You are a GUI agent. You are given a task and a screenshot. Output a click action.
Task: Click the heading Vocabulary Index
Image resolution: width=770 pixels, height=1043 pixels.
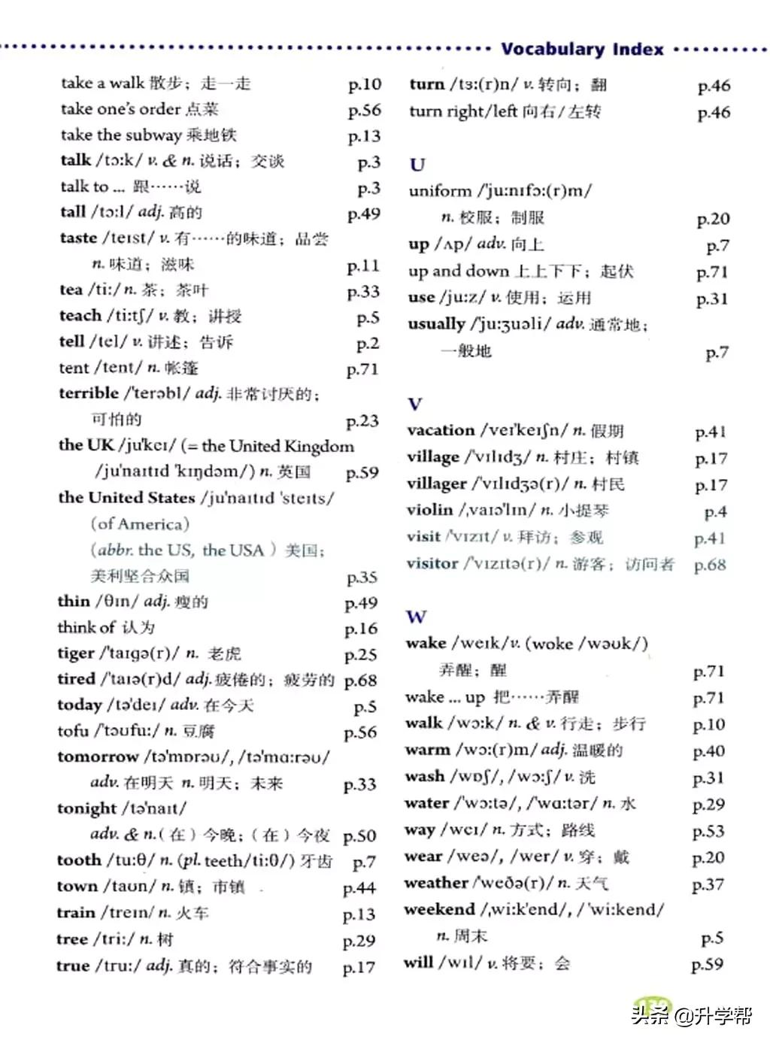tap(583, 50)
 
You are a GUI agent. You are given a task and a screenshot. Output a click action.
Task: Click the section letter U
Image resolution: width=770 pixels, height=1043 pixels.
tap(417, 164)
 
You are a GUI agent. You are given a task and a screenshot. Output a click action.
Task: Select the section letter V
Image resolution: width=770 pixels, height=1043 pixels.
tap(414, 404)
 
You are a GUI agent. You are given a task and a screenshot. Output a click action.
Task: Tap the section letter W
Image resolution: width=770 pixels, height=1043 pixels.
tap(416, 617)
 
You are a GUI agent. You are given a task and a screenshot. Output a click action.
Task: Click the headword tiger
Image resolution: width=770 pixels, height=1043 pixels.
tap(75, 653)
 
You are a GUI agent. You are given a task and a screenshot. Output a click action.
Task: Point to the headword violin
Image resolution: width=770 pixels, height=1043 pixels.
tap(429, 510)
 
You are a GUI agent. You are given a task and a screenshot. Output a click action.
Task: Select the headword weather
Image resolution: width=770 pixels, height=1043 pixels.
tap(435, 883)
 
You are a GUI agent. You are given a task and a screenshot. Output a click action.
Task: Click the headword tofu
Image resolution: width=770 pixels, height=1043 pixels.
tap(73, 731)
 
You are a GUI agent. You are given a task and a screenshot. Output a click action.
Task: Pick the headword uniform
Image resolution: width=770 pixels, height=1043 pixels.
tap(440, 191)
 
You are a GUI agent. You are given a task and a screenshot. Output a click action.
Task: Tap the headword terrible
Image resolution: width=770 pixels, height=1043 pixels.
tap(89, 393)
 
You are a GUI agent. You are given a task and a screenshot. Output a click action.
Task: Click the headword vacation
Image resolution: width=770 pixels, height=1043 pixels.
tap(441, 430)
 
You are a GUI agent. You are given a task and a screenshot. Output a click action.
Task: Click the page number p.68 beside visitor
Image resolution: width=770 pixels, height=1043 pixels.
tap(710, 564)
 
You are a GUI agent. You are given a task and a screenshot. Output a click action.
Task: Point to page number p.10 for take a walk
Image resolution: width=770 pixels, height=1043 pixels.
tap(365, 84)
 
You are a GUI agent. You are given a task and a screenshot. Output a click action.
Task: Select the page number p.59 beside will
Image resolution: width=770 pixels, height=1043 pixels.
tap(708, 964)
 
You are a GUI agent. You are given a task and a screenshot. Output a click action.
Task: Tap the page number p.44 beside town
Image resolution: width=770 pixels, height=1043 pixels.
tap(359, 888)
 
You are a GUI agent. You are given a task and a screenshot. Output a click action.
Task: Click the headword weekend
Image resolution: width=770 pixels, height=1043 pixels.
tap(439, 909)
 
